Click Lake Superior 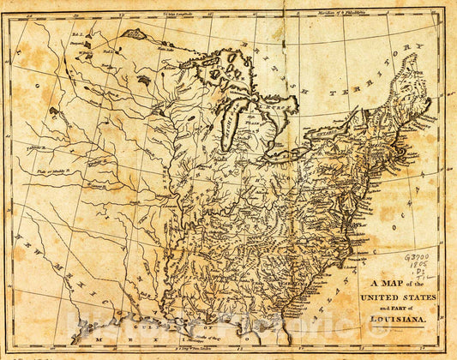(224, 68)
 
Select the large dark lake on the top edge (138, 35)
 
